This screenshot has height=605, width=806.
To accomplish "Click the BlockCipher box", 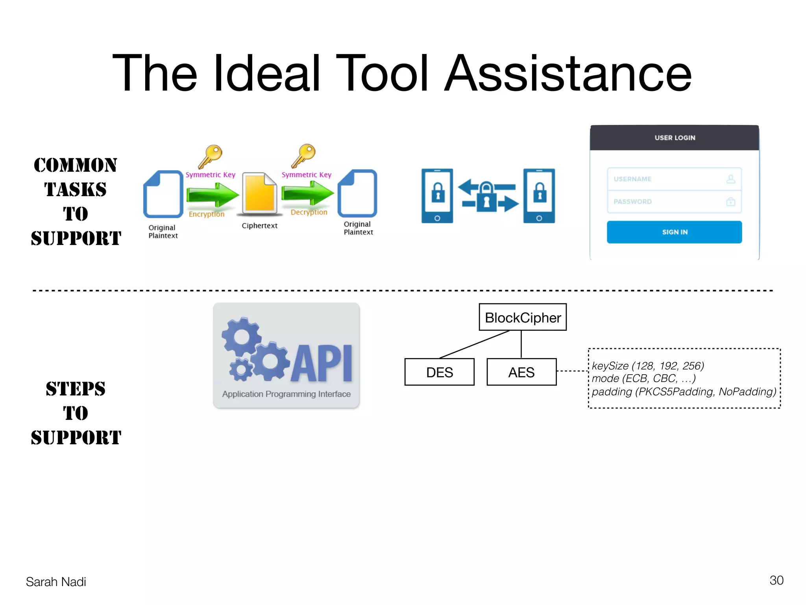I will [522, 317].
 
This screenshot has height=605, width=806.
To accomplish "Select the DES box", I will [439, 372].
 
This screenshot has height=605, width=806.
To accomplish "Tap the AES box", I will [521, 372].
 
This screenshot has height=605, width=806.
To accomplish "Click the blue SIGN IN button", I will [674, 232].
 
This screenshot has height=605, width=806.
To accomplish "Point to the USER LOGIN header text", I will [675, 138].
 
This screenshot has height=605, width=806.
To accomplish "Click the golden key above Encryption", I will [211, 156].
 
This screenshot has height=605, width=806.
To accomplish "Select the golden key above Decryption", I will [304, 156].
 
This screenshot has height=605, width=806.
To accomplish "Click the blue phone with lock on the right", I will [539, 196].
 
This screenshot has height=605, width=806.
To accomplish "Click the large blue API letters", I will [322, 363].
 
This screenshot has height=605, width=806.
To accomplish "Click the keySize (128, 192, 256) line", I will [648, 366].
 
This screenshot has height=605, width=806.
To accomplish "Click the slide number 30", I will [776, 580].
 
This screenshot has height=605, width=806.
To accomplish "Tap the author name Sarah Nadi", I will [56, 582].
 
